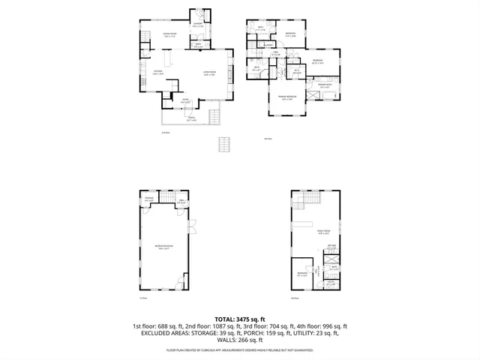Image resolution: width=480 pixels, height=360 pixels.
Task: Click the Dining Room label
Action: click(148, 35)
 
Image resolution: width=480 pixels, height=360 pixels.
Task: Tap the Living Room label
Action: click(209, 73)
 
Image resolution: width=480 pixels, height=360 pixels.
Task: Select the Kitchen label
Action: click(136, 73)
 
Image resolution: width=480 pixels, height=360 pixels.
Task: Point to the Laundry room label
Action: click(197, 26)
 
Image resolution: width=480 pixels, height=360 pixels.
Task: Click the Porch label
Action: click(192, 118)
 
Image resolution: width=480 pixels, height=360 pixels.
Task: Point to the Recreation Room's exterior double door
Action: click(192, 225)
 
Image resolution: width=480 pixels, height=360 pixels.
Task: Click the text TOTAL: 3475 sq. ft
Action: click(240, 319)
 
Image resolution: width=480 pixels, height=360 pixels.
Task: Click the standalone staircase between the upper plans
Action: click(223, 144)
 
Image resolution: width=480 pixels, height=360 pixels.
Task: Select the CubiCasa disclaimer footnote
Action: click(240, 349)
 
